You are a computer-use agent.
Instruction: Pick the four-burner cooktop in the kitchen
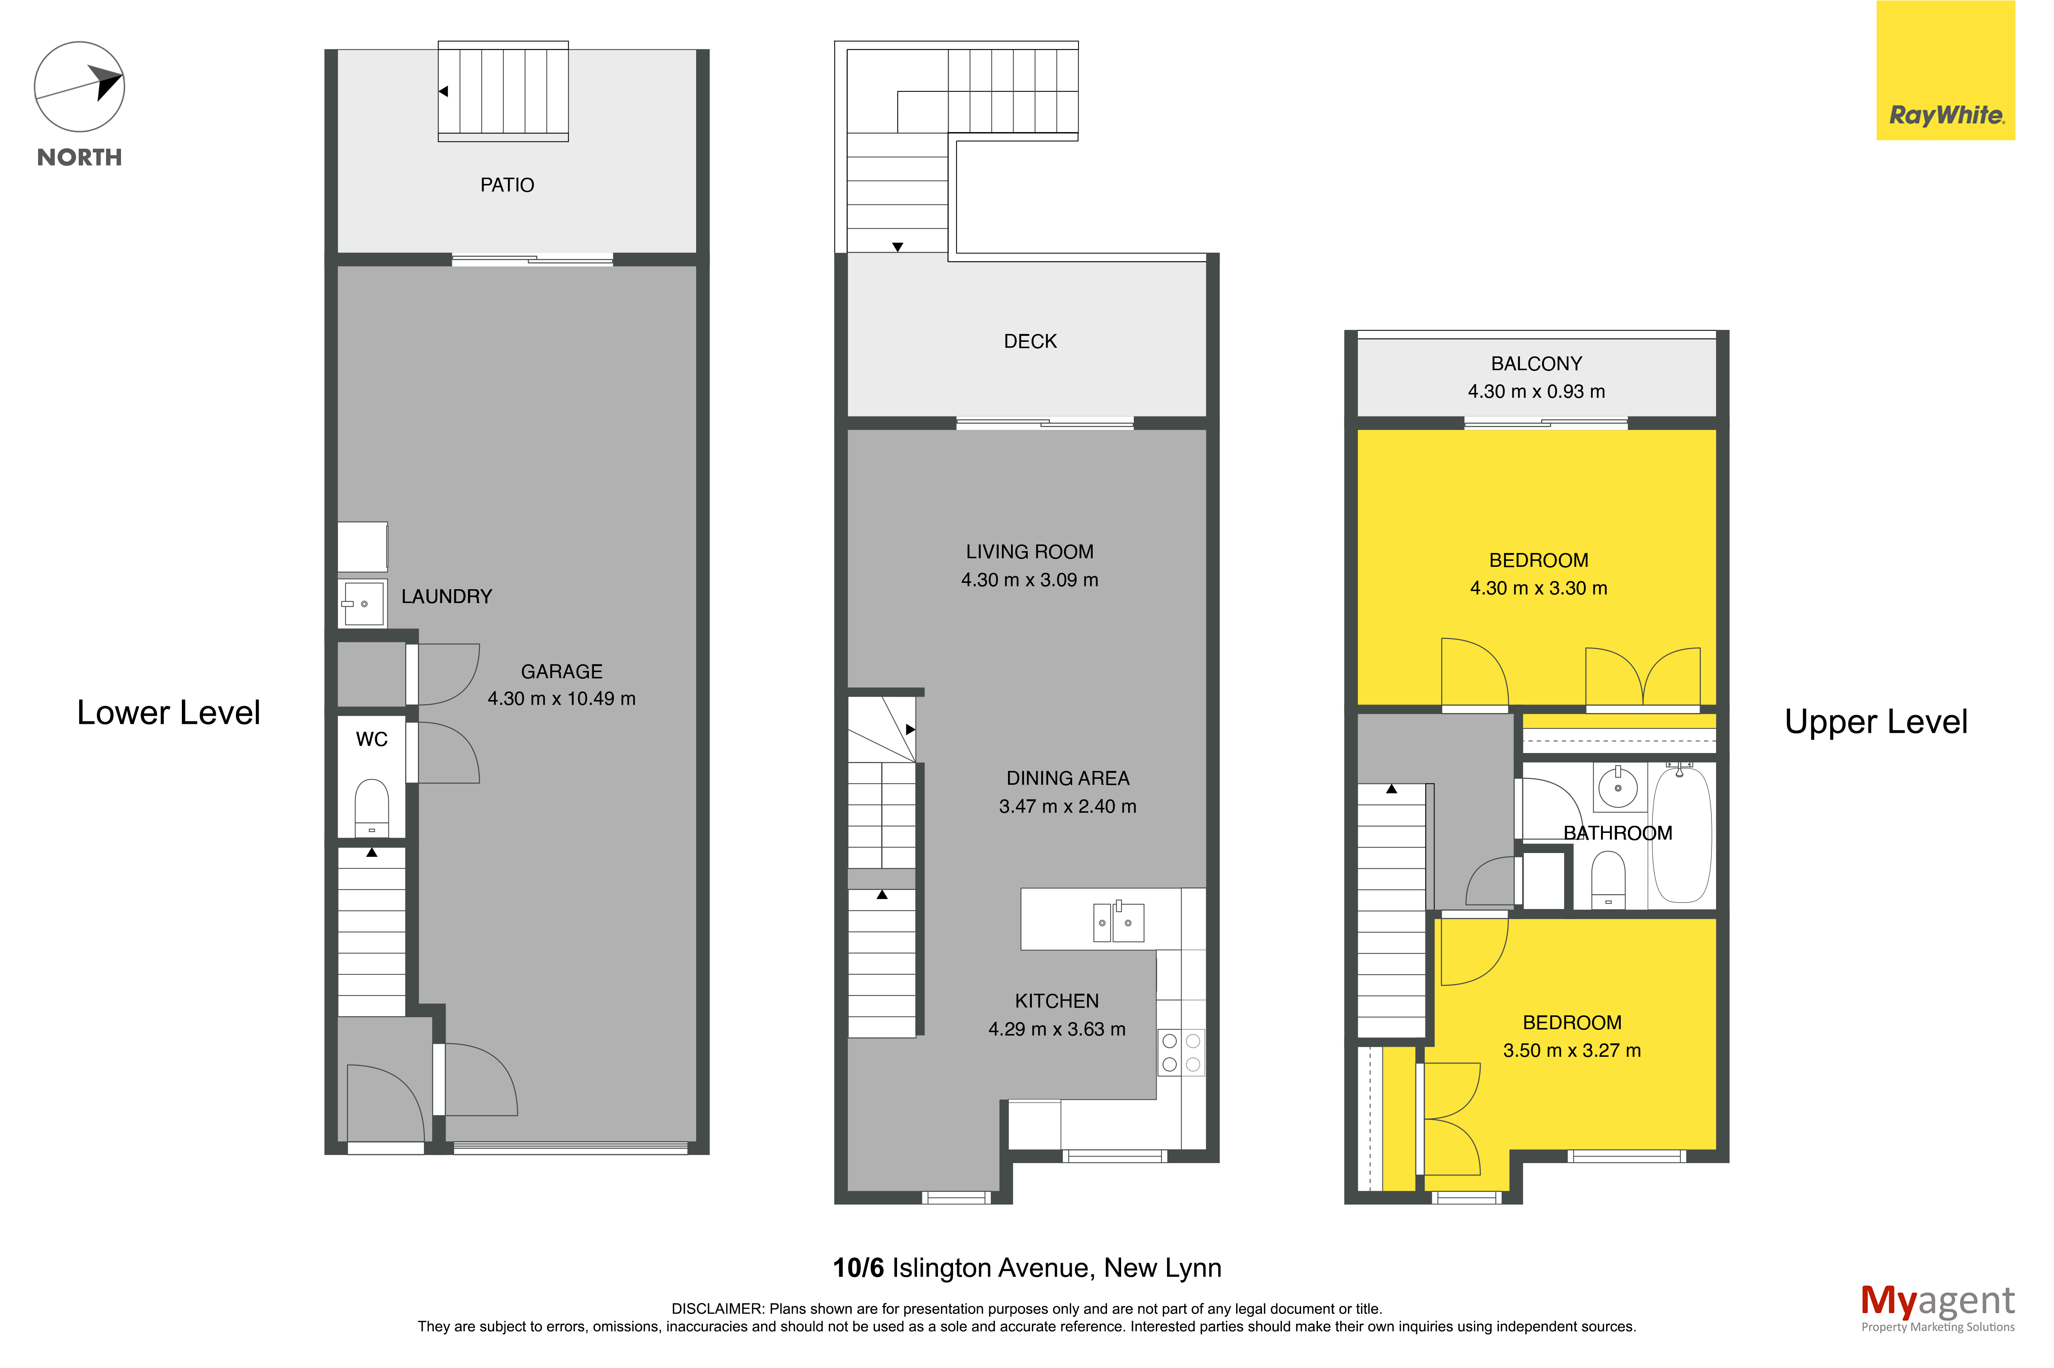[1181, 1052]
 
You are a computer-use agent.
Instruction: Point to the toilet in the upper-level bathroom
[1608, 880]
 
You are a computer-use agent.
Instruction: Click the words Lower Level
[168, 713]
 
